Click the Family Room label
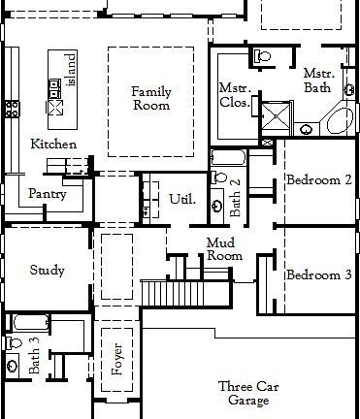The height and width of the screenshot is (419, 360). click(151, 98)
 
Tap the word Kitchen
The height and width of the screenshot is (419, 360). click(53, 145)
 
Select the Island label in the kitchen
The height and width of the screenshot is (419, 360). click(70, 69)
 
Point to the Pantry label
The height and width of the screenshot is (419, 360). click(47, 193)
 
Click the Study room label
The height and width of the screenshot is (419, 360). click(48, 270)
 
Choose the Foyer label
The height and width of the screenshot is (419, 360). click(117, 358)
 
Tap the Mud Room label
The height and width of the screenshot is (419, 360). click(224, 249)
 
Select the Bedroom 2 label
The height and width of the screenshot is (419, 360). click(318, 179)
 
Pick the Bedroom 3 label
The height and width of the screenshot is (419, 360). click(318, 275)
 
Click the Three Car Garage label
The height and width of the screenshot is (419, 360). click(248, 392)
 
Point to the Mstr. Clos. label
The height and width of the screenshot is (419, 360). click(234, 93)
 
